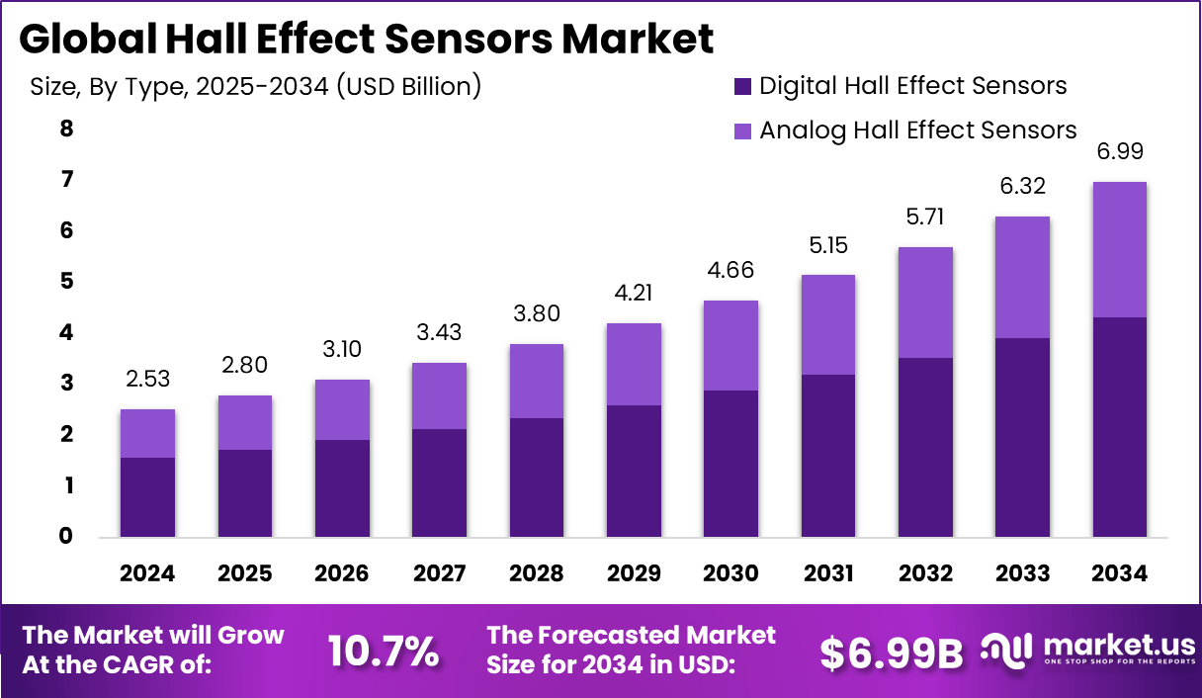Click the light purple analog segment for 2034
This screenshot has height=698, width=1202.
coord(1119,249)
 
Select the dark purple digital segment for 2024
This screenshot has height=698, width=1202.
coord(147,497)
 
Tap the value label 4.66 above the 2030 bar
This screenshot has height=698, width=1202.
coord(730,269)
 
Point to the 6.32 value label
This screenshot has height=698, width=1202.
coord(1022,186)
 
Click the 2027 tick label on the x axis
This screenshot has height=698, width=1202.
coord(439,574)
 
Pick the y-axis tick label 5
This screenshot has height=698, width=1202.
coord(65,282)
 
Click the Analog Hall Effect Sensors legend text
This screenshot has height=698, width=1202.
coord(917,131)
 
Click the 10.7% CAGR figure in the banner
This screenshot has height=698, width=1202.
coord(384,651)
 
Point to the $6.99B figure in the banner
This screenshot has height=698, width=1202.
coord(892,651)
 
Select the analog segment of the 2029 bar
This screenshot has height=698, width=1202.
coord(634,364)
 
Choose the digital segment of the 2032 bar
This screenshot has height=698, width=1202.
coord(925,447)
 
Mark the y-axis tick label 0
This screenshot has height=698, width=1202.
coord(65,537)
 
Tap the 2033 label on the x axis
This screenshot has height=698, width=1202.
coord(1022,574)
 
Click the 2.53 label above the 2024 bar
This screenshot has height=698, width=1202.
coord(147,379)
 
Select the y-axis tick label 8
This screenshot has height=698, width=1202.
coord(65,129)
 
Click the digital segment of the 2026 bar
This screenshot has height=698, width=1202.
coord(342,488)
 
